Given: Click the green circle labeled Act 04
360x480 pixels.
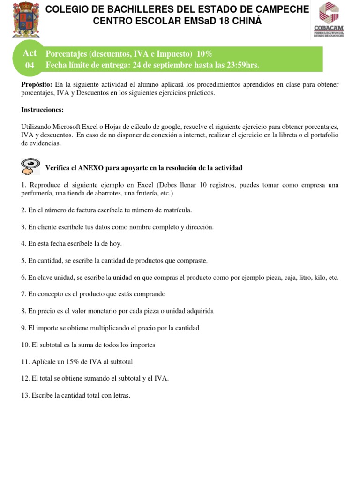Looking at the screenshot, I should [x=30, y=59].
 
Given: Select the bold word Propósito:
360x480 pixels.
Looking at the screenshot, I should [x=37, y=84].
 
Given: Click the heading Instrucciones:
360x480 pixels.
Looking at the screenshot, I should [x=42, y=110].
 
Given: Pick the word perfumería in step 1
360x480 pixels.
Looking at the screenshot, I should [x=37, y=193].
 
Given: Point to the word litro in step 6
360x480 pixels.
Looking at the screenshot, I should [x=296, y=277].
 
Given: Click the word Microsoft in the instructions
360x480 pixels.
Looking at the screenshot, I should [x=64, y=127].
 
